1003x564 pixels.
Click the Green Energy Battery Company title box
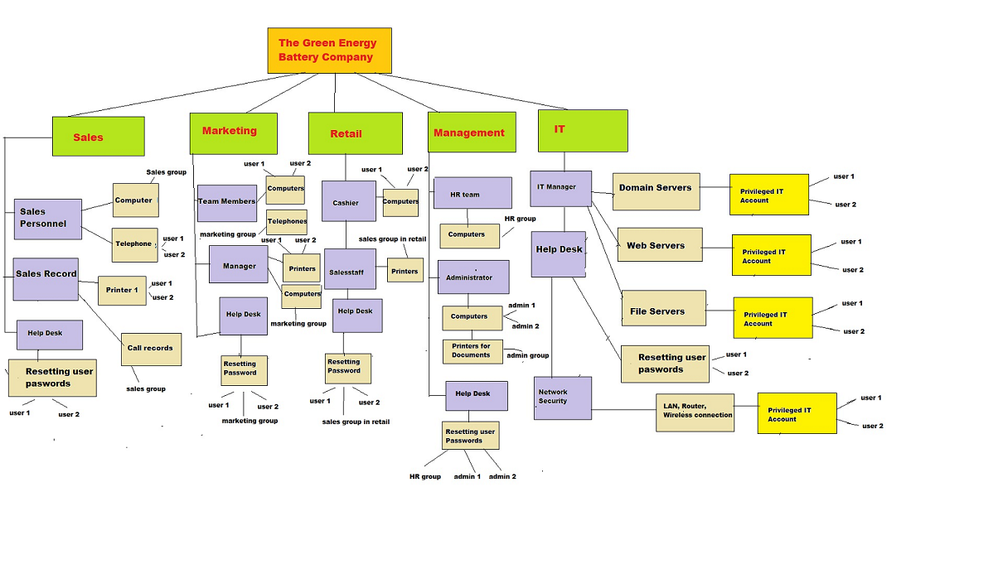(329, 51)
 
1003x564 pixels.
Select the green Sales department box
(98, 137)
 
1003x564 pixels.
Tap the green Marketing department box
(233, 133)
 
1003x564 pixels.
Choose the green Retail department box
(355, 134)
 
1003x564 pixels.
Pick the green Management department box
(472, 133)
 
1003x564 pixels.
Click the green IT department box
(583, 131)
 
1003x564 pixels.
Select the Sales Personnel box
(48, 219)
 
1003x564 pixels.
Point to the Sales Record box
(46, 279)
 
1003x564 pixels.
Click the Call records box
(151, 349)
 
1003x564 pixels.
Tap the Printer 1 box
(122, 291)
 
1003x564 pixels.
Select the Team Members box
(227, 203)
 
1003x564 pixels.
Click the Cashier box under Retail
(348, 201)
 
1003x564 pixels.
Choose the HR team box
(472, 194)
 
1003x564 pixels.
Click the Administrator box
(472, 277)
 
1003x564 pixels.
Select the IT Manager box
(560, 189)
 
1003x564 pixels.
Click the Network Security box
(562, 398)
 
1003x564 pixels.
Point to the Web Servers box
(659, 245)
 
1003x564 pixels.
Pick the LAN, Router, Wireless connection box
(695, 412)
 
